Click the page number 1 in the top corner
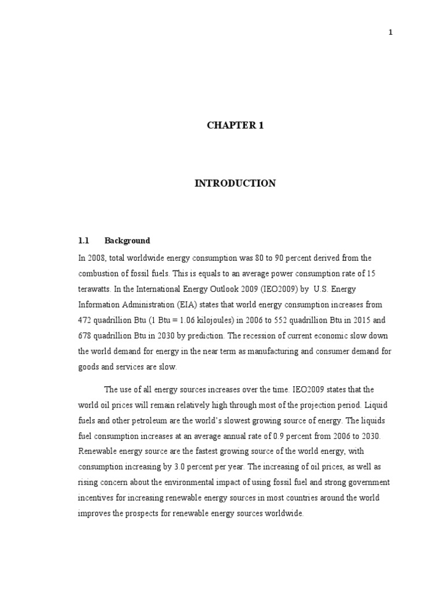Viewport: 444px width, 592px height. (390, 32)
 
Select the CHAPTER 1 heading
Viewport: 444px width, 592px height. (235, 125)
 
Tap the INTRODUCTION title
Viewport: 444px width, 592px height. (235, 183)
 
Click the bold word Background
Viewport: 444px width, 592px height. (127, 240)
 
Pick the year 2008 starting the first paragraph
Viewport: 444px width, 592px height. (93, 257)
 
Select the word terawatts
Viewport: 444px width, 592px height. (94, 288)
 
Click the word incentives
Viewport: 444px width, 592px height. (95, 498)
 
